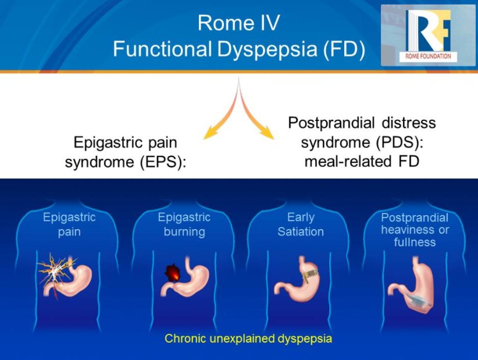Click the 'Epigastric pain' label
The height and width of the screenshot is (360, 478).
coord(69,224)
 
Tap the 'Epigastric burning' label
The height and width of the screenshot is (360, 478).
coord(184,224)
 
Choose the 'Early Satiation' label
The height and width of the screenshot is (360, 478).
coord(300,224)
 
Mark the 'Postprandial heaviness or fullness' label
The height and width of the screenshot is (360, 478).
coord(415,229)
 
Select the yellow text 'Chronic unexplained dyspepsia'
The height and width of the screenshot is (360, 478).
coord(248,338)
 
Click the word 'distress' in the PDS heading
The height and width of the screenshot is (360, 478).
coord(410,123)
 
